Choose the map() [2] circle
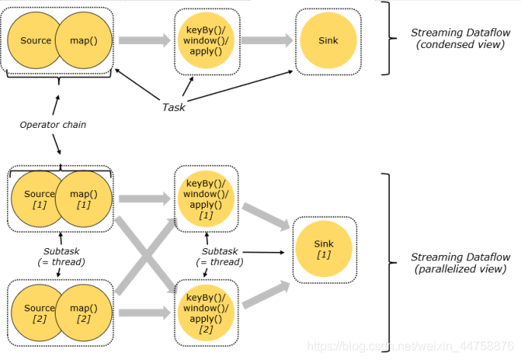84,314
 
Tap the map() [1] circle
84,199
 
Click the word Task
174,107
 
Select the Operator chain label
53,124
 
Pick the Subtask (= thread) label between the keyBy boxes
219,256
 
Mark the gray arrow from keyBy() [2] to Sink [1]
265,289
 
